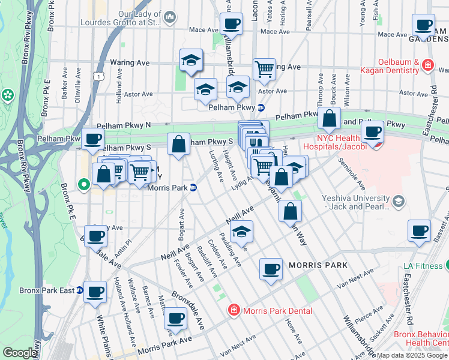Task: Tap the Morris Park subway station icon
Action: click(x=193, y=187)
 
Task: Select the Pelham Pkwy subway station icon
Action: click(x=261, y=107)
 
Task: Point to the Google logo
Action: click(x=20, y=353)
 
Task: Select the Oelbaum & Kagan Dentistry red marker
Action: click(x=427, y=65)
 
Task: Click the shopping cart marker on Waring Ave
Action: click(x=264, y=68)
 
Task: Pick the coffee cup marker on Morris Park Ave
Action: click(x=175, y=317)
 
